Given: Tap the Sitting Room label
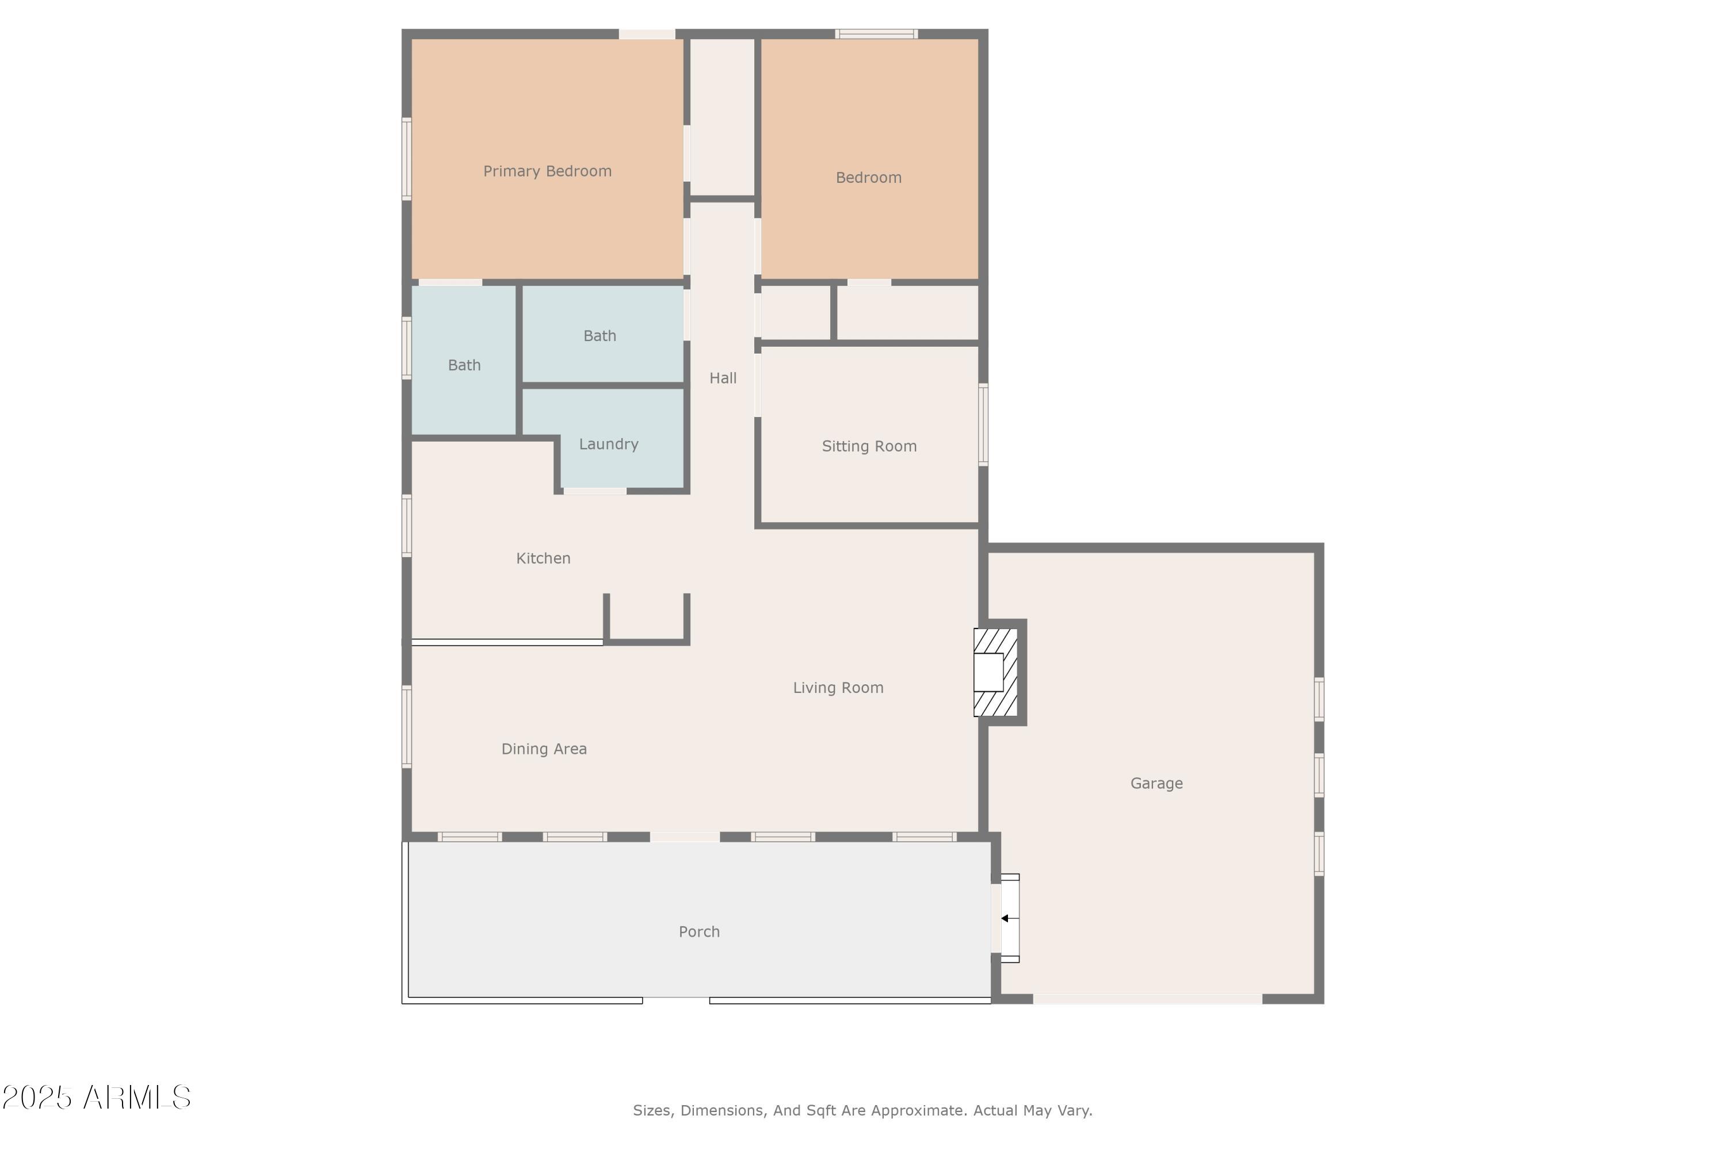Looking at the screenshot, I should [x=869, y=446].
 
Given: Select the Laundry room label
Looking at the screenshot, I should [x=608, y=444].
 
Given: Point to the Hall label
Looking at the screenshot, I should [x=722, y=378].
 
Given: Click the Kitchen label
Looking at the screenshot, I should [x=543, y=558].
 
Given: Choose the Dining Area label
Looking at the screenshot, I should [x=544, y=749].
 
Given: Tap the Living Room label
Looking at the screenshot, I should [x=838, y=687].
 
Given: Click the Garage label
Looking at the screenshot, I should [x=1156, y=783].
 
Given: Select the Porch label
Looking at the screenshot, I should [x=698, y=931].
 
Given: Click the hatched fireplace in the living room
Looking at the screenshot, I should [x=996, y=672].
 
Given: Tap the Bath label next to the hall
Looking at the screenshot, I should [x=599, y=336].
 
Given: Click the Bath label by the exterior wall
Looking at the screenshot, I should [x=464, y=365].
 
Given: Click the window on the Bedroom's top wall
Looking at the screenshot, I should [x=876, y=34].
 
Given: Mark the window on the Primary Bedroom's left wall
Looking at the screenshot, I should [x=407, y=159].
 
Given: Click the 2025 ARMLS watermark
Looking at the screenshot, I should [x=96, y=1097].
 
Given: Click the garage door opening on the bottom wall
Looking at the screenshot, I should [x=1147, y=999].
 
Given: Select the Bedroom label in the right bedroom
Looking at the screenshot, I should [x=868, y=178].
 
